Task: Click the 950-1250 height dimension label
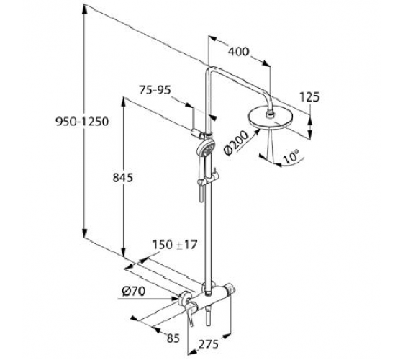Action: click(x=82, y=122)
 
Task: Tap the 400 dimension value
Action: click(x=239, y=52)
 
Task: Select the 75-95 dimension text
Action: click(x=155, y=90)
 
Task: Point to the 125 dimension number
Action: click(x=309, y=97)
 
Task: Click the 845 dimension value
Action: click(x=123, y=178)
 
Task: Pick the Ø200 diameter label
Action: click(x=235, y=143)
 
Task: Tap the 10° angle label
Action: click(x=291, y=156)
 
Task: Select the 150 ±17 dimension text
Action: click(x=175, y=245)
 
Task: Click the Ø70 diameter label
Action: click(x=134, y=292)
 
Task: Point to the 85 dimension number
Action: click(x=173, y=338)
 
